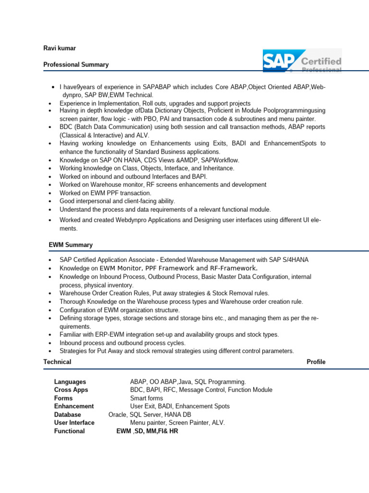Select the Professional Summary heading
click(76, 65)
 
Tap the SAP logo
click(280, 61)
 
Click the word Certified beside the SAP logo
click(321, 61)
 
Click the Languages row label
click(70, 382)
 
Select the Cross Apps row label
click(71, 390)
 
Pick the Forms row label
click(63, 398)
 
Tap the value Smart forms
click(147, 398)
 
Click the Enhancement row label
click(74, 406)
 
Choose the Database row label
click(68, 415)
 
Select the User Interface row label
click(74, 423)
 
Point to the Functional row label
click(69, 431)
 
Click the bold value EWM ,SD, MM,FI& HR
click(148, 431)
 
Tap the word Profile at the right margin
click(316, 362)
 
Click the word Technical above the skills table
click(57, 362)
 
